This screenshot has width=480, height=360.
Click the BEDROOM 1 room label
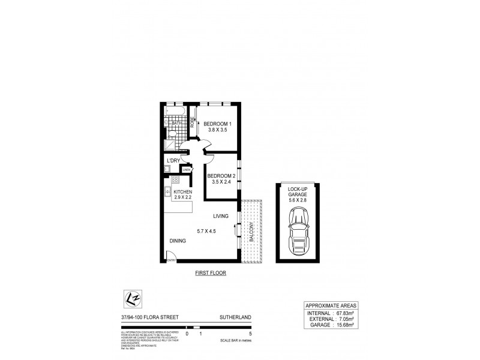pos(218,124)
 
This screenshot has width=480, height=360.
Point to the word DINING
pos(177,241)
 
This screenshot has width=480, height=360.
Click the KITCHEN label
pos(182,191)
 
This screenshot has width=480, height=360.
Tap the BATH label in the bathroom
pos(176,124)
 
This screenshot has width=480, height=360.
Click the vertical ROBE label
pos(192,123)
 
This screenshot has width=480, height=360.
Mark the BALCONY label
pos(251,232)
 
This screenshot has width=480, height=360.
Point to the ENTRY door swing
pos(170,256)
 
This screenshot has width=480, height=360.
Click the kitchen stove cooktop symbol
pos(175,179)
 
